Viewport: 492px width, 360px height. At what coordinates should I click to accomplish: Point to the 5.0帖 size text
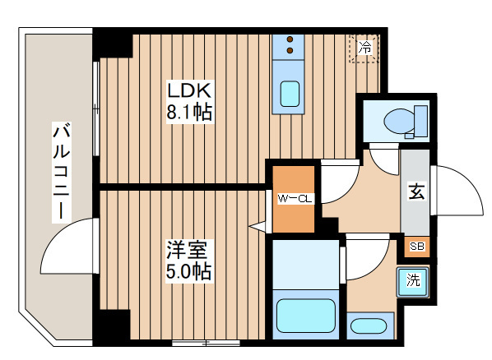click(188, 270)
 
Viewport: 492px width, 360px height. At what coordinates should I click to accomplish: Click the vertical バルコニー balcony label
click(60, 171)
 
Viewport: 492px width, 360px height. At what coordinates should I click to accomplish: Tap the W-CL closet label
click(293, 198)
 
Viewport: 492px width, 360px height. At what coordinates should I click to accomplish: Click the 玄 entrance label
click(415, 194)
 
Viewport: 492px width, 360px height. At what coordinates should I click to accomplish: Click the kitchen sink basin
click(290, 94)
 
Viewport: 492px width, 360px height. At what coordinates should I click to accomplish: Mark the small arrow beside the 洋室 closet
click(260, 224)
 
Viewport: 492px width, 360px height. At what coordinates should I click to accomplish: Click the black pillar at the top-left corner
click(112, 42)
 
